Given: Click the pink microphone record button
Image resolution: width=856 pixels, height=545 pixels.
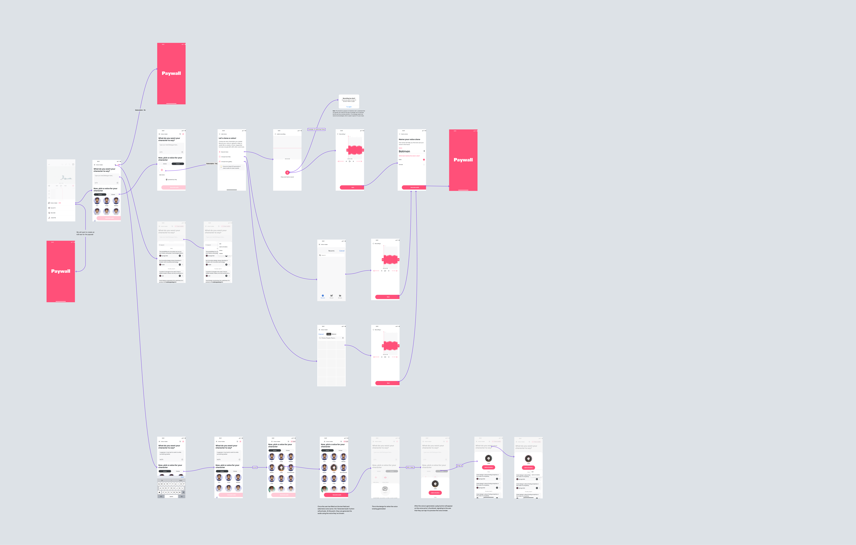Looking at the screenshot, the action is [x=287, y=173].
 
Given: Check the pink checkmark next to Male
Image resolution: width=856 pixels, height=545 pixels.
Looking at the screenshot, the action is [x=424, y=160].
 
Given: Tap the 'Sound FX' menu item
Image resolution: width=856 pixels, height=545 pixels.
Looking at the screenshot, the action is [x=53, y=208].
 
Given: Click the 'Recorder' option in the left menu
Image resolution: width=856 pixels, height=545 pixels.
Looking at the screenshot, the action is [x=53, y=213].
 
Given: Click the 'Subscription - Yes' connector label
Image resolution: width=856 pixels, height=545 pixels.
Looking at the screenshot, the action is [x=212, y=164].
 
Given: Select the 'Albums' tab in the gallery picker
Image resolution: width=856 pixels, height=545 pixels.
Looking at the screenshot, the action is [x=334, y=334].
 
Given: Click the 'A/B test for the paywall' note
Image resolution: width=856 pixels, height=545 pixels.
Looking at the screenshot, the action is [x=85, y=233].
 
